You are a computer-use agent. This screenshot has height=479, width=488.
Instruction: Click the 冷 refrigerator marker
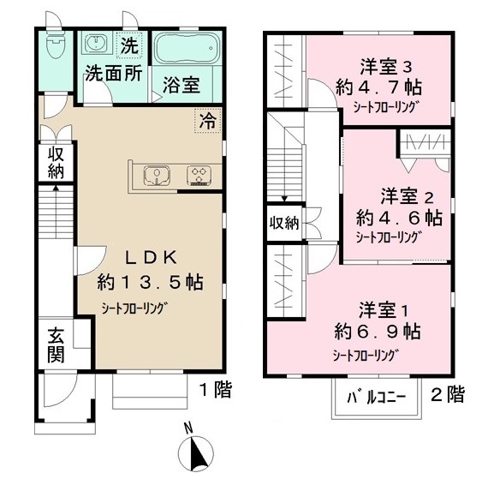click(209, 121)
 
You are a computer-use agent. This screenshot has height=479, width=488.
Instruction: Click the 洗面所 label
click(113, 74)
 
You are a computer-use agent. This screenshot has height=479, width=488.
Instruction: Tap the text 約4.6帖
click(397, 217)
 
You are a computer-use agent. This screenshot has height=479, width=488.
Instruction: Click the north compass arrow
click(197, 450)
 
